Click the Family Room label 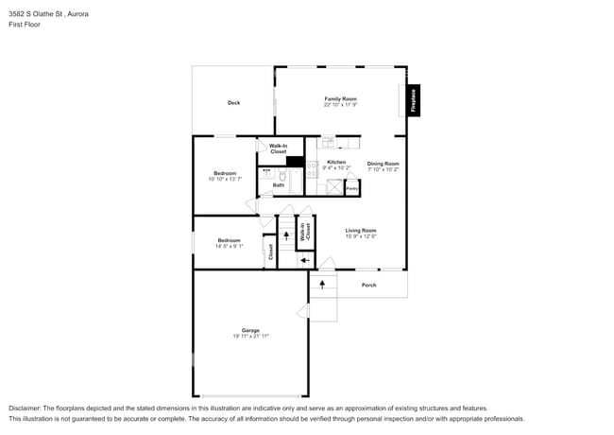[340, 98]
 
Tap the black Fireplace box [413, 101]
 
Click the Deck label [233, 103]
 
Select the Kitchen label [336, 163]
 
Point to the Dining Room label [383, 164]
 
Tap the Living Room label [360, 231]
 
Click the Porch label [369, 285]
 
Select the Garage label [250, 330]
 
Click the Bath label [279, 185]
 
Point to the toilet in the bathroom [294, 174]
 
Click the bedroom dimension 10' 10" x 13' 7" [225, 179]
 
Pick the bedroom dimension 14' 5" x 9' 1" [228, 246]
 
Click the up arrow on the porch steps [323, 283]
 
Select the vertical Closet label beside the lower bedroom [270, 251]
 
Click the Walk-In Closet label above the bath [278, 148]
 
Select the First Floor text [25, 25]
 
